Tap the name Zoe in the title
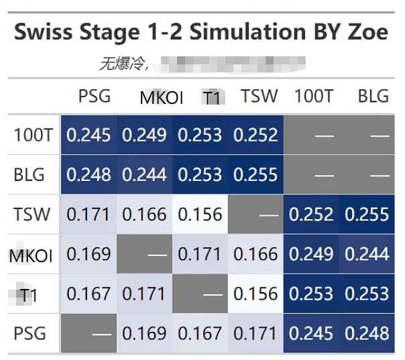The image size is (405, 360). [x=367, y=32]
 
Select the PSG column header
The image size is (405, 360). [x=94, y=96]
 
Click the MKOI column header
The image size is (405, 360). [x=161, y=98]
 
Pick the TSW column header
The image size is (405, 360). [x=259, y=96]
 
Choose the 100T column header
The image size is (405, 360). [x=313, y=96]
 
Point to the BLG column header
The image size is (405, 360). [x=373, y=96]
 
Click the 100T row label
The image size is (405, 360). [x=33, y=135]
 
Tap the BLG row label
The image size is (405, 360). [x=30, y=175]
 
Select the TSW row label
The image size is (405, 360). [x=32, y=215]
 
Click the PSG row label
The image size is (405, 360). [x=30, y=333]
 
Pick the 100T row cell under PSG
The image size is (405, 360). [x=89, y=135]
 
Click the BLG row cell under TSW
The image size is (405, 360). [x=255, y=175]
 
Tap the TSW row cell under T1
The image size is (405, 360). [x=200, y=215]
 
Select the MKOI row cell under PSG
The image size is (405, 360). [x=89, y=254]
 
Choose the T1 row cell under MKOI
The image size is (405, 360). [x=144, y=294]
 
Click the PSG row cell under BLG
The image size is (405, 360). [x=367, y=333]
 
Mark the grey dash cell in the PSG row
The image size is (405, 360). [x=89, y=333]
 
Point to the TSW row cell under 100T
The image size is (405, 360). [x=311, y=215]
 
